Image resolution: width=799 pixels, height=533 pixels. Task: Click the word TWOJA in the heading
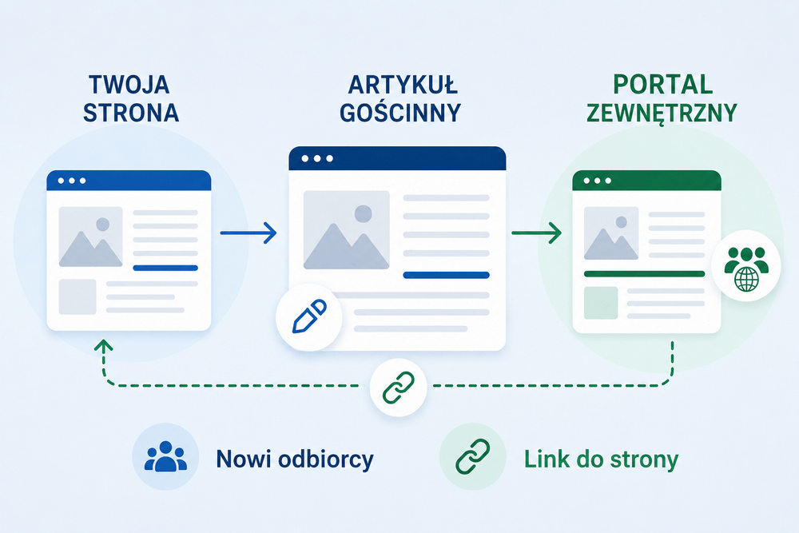click(129, 85)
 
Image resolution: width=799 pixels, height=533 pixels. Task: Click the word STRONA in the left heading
click(131, 113)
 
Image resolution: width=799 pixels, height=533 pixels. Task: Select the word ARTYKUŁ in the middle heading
click(403, 85)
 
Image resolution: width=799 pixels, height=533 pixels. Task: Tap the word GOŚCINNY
click(400, 113)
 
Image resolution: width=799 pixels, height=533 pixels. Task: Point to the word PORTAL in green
click(662, 85)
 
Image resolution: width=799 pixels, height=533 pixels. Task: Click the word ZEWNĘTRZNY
click(662, 113)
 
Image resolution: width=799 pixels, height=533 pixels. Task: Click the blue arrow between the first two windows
click(248, 233)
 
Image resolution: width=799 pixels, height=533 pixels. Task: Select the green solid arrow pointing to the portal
click(536, 233)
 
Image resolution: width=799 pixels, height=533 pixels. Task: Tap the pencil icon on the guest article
click(309, 316)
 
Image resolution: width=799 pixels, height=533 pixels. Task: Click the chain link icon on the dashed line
click(399, 388)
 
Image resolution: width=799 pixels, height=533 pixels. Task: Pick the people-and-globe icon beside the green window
click(746, 268)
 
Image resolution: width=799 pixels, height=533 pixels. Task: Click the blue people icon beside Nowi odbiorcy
click(165, 456)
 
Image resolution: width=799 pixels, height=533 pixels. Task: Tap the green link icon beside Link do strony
click(472, 456)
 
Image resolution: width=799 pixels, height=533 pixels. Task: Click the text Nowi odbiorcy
click(295, 459)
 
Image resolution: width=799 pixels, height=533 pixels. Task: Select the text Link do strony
click(602, 459)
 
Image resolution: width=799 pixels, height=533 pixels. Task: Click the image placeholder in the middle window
click(347, 230)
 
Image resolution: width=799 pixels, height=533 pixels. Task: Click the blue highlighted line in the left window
click(165, 268)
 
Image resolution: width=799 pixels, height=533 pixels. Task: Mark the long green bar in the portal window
click(644, 274)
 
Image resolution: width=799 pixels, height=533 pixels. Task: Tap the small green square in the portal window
click(601, 303)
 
